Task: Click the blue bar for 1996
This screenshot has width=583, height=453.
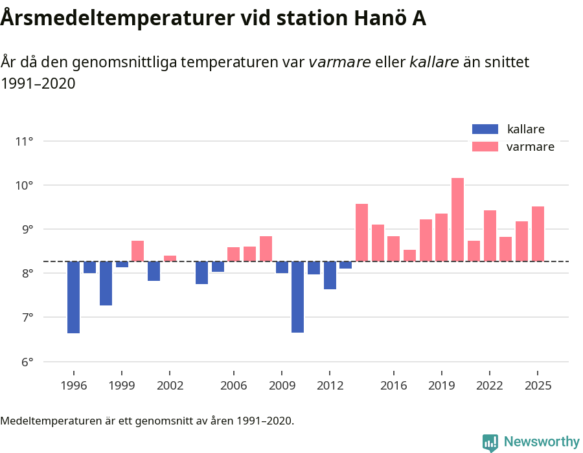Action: tap(73, 297)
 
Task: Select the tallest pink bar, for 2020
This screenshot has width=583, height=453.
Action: tap(457, 219)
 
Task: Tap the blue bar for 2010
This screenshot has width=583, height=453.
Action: tap(297, 297)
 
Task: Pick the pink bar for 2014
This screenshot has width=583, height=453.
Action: tap(361, 232)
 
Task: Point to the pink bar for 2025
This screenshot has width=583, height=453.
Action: tap(538, 234)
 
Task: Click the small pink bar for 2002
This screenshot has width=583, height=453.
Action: tap(170, 259)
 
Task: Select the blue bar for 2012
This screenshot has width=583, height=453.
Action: tap(330, 275)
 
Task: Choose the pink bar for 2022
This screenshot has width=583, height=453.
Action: tap(490, 236)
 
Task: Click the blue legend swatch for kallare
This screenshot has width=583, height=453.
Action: tap(485, 129)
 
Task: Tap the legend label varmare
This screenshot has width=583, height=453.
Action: tap(530, 147)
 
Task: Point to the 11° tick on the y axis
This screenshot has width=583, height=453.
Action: tap(24, 141)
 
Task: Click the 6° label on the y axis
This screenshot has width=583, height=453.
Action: tap(24, 362)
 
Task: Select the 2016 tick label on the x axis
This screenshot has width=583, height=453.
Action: tap(393, 386)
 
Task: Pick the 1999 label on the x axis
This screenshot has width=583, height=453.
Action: tap(121, 386)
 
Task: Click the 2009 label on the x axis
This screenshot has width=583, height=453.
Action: tap(281, 386)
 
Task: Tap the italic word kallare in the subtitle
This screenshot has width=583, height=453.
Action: tap(434, 62)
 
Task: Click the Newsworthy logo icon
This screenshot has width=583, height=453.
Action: tap(490, 442)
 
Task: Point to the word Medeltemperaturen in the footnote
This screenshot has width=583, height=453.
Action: tap(52, 421)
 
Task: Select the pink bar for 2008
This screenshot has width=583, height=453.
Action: tap(266, 249)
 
